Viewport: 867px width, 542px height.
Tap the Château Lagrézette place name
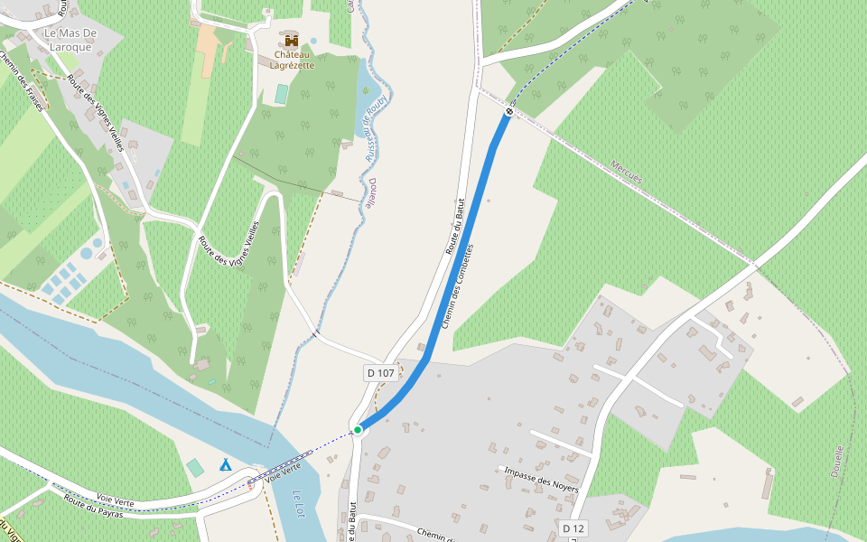[292, 60]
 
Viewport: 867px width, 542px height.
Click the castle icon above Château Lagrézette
[291, 41]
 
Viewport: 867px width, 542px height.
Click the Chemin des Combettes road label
[457, 286]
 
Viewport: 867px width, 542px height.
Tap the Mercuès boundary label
[626, 173]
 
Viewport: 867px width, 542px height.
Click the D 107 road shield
[381, 372]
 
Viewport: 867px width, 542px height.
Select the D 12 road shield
[573, 528]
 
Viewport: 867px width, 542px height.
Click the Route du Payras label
[92, 507]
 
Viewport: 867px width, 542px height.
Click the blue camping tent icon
[225, 464]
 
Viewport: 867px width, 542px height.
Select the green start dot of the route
[358, 430]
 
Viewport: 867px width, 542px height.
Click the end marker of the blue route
[509, 112]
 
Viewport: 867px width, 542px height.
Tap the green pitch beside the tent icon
[195, 468]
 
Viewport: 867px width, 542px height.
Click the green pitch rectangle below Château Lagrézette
[282, 93]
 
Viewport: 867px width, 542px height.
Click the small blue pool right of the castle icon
[313, 41]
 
